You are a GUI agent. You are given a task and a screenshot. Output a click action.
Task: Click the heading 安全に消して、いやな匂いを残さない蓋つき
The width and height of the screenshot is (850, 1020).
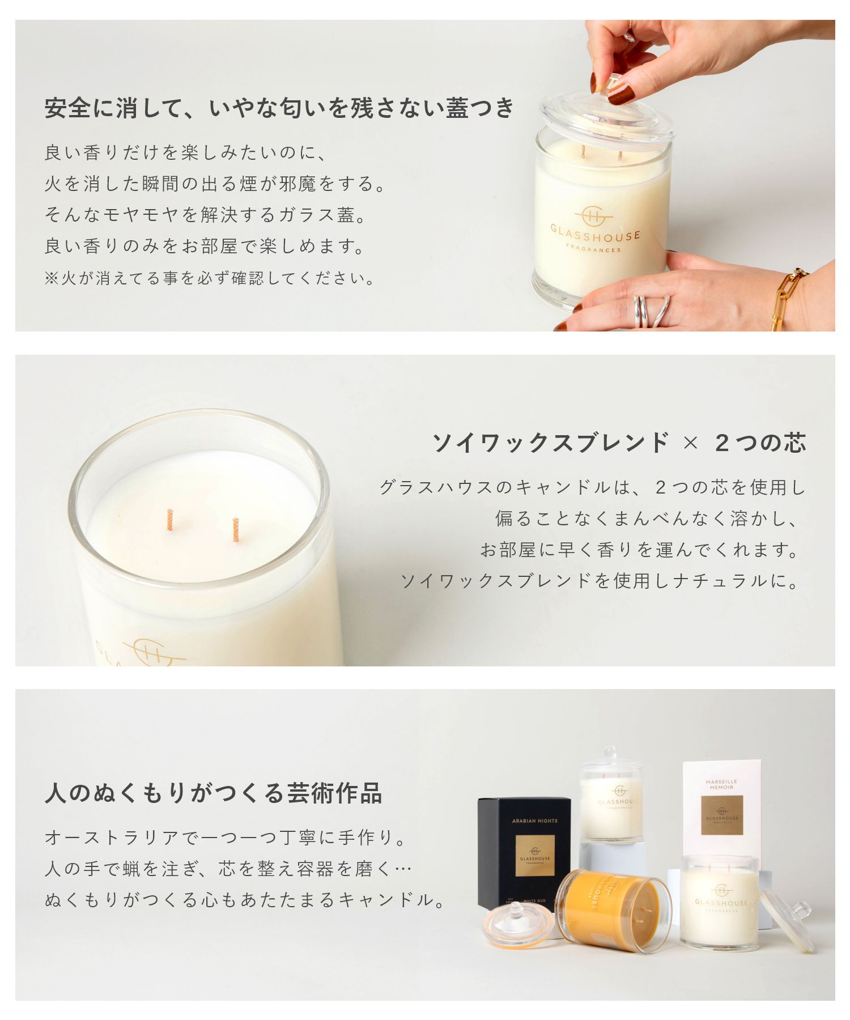(x=279, y=108)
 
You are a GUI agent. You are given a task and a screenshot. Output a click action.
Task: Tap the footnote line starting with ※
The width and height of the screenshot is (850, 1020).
(x=210, y=278)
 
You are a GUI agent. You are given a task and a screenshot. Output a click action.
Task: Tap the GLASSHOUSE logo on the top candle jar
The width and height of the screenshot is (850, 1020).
(x=595, y=231)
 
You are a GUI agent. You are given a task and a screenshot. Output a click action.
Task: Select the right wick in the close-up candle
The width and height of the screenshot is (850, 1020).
(x=236, y=530)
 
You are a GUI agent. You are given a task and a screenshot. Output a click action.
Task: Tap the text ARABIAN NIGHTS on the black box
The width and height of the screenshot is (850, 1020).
(x=534, y=821)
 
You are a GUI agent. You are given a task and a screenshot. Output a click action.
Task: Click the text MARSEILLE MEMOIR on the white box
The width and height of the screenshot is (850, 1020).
(x=721, y=784)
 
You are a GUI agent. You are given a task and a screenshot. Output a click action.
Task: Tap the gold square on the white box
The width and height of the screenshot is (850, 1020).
(x=721, y=815)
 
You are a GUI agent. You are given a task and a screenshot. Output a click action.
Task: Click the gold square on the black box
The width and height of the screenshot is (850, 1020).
(x=534, y=855)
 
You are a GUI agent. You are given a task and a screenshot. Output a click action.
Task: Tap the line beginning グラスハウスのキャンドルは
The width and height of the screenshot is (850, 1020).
(x=592, y=487)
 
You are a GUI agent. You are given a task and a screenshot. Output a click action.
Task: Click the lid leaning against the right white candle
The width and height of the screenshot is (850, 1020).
(x=788, y=919)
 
